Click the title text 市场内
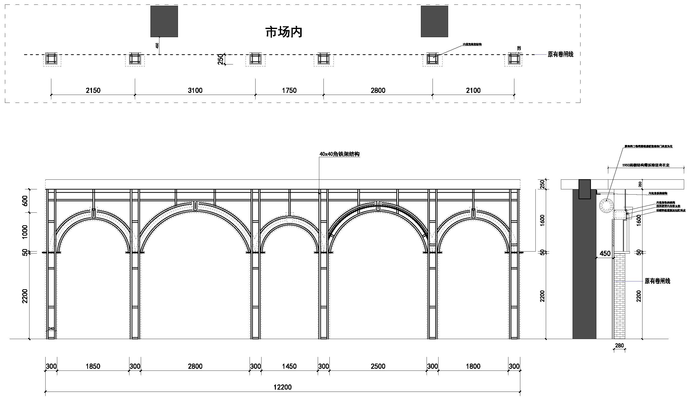(284, 32)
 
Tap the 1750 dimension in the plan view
(289, 90)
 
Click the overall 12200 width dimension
(283, 387)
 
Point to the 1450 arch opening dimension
(289, 366)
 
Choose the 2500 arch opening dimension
(378, 366)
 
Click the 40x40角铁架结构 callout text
(339, 154)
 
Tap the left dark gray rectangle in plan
(164, 21)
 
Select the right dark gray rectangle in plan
(434, 21)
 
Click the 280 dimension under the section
(619, 345)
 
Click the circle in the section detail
(607, 206)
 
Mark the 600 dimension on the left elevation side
(25, 201)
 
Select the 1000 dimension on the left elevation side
(25, 232)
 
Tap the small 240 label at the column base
(51, 329)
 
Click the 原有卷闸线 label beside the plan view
(560, 54)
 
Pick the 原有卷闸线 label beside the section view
(657, 281)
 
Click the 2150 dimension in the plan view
(93, 90)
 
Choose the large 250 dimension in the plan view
(220, 59)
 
